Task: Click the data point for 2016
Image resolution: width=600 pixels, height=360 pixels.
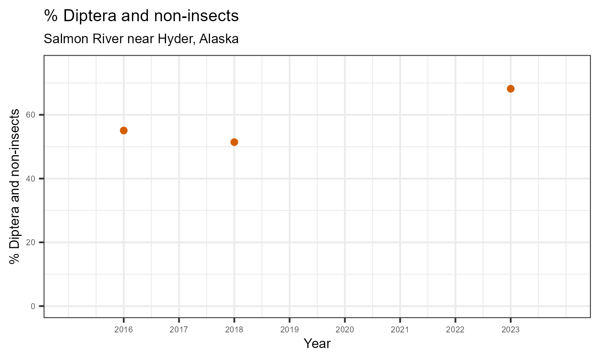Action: [124, 130]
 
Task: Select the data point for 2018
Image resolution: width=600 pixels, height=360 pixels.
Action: [234, 142]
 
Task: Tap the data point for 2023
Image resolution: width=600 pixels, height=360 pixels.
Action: [510, 89]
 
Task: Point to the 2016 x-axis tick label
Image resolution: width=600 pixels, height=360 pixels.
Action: [124, 330]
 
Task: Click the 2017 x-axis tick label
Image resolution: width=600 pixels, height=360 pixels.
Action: [179, 330]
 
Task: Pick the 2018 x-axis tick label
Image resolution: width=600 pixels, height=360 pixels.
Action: [234, 330]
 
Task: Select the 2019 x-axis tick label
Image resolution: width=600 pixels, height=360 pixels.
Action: [290, 330]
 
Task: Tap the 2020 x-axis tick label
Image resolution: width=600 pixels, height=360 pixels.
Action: [345, 330]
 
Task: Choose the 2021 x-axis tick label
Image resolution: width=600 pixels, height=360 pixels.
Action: [400, 330]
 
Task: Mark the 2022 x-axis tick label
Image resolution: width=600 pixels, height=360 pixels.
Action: [455, 330]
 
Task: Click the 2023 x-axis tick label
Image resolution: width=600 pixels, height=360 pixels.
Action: [510, 330]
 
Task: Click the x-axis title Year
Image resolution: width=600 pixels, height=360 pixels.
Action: [317, 344]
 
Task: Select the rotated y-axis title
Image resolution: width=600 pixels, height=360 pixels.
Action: [15, 186]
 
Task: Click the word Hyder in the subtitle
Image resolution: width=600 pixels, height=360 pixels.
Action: [174, 39]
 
